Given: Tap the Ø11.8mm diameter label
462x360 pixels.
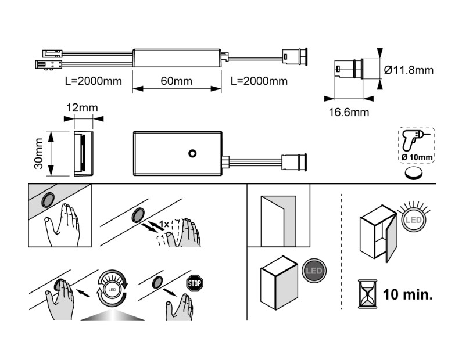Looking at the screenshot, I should [409, 70].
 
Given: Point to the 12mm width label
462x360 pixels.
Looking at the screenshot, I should [81, 107].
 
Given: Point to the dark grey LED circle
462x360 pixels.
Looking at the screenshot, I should [314, 271].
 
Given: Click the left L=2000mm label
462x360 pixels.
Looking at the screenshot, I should [94, 81].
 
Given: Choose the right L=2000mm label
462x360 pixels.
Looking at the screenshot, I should [259, 81].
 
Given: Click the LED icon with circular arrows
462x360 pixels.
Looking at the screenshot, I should [112, 287].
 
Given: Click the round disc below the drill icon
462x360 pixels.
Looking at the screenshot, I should [413, 174].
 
